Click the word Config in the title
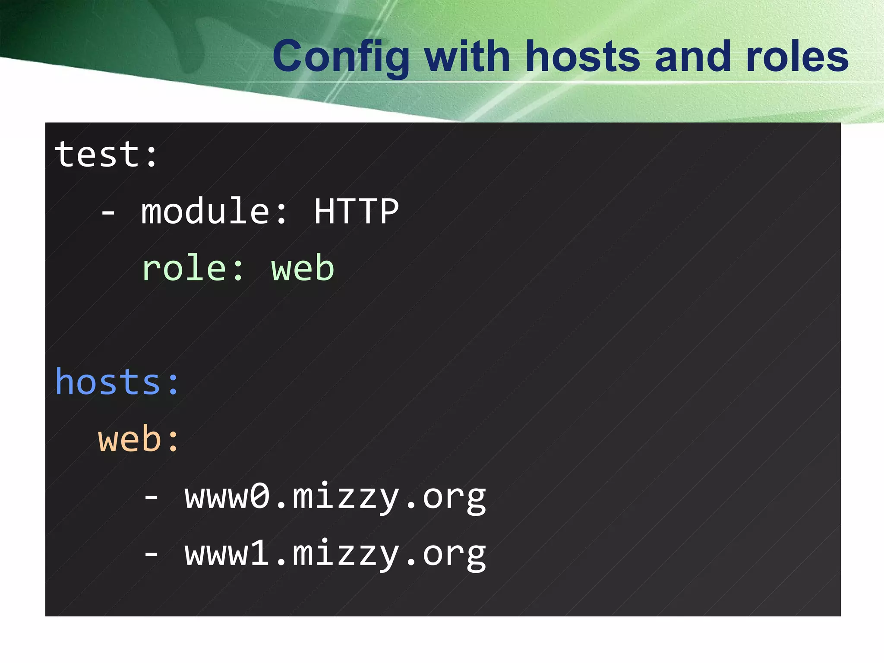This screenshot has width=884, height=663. (341, 57)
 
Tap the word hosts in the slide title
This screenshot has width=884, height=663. (583, 57)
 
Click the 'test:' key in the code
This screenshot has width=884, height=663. (106, 155)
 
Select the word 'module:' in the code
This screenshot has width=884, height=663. (214, 212)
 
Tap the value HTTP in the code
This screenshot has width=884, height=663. (357, 212)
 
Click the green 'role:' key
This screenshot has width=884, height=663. (193, 268)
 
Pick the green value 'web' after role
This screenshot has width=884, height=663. (303, 268)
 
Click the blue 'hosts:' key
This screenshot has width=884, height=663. (117, 382)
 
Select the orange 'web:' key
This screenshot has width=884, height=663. (139, 439)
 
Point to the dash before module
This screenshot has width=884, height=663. (108, 212)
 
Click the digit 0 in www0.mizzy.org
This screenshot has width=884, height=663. (260, 496)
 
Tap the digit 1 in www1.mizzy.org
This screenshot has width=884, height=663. (260, 553)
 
